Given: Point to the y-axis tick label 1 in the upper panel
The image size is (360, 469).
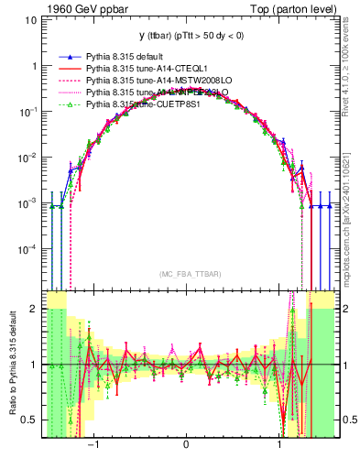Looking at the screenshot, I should point(34,67).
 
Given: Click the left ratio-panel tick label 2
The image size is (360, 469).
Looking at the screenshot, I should point(34,310).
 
